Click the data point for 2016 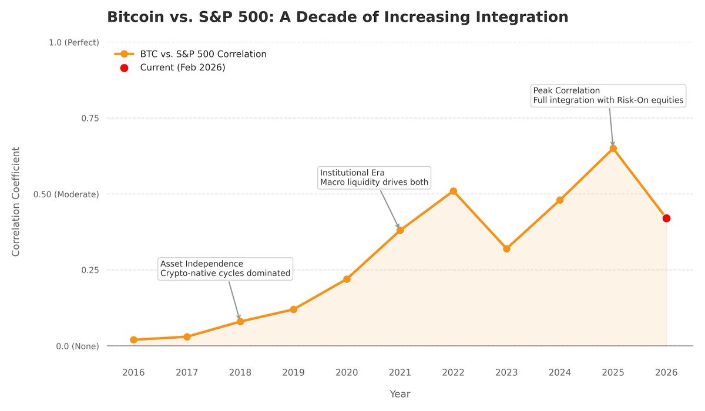tap(133, 339)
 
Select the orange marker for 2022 tap(453, 191)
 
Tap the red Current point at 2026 tap(666, 218)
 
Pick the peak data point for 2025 tap(613, 149)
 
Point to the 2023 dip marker tap(506, 248)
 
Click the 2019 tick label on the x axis tap(293, 372)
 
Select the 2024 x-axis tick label tap(560, 372)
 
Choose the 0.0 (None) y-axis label tap(78, 346)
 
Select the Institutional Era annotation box tap(374, 177)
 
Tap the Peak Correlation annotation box tap(608, 96)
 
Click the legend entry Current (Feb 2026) tap(182, 68)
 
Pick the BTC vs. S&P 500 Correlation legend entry tap(203, 54)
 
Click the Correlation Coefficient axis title tap(16, 201)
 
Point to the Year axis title tap(399, 394)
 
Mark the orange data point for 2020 tap(347, 279)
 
